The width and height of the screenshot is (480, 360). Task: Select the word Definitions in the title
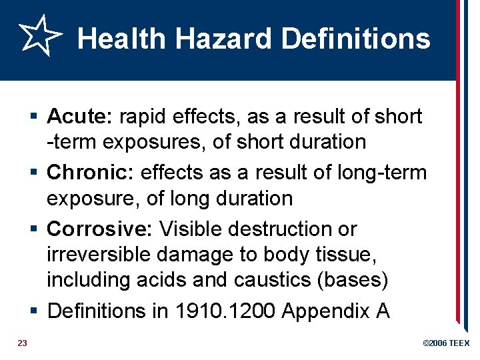356,39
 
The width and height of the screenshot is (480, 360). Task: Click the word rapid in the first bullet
141,117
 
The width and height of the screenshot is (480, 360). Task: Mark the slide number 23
22,343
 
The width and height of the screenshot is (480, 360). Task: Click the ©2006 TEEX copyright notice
446,343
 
